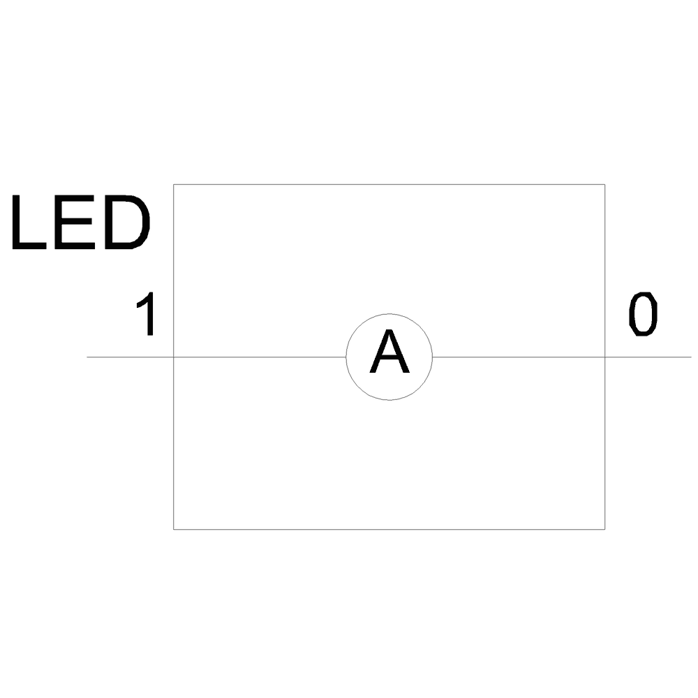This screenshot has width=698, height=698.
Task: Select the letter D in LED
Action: [x=126, y=223]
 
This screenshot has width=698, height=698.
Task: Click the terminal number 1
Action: [x=146, y=316]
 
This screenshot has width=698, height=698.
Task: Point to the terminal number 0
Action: [x=643, y=315]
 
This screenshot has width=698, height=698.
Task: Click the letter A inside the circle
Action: [x=389, y=353]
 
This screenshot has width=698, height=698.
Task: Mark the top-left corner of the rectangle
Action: [x=174, y=184]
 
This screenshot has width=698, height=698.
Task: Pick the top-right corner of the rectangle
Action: [x=604, y=184]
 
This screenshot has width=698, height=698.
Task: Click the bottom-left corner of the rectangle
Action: [x=174, y=529]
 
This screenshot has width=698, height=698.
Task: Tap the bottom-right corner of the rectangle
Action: [x=604, y=529]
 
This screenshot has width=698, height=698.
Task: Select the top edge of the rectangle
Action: [x=389, y=184]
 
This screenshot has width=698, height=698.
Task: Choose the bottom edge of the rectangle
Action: [x=389, y=529]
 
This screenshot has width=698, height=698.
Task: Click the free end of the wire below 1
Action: [x=87, y=357]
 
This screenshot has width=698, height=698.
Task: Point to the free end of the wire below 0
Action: [x=690, y=357]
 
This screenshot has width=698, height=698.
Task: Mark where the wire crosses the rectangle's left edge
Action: [x=174, y=357]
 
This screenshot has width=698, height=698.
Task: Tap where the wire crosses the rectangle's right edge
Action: [x=604, y=357]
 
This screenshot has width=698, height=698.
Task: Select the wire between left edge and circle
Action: [x=260, y=357]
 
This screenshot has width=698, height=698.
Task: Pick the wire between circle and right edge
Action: [x=519, y=357]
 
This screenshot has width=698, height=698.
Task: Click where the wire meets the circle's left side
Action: [x=346, y=357]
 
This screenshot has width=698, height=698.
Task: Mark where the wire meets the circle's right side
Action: [x=433, y=357]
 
